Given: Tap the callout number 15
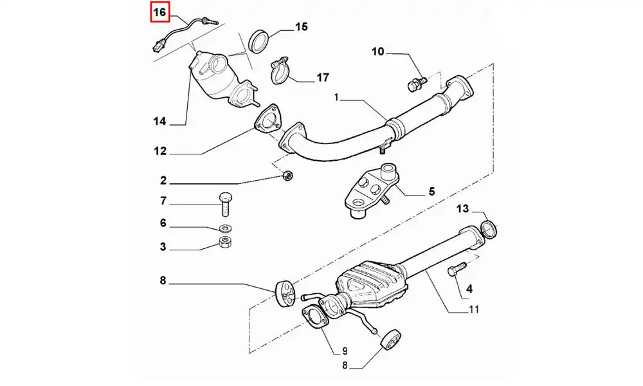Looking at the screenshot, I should click(x=301, y=27).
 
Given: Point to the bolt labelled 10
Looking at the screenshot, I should click(x=415, y=82).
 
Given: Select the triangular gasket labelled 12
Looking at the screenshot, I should click(x=267, y=123).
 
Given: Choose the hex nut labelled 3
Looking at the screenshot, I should click(x=226, y=243).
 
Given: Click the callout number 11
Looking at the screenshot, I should click(x=473, y=309).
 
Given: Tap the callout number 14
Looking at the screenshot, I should click(x=159, y=121).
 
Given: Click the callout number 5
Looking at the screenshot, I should click(x=431, y=191).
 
